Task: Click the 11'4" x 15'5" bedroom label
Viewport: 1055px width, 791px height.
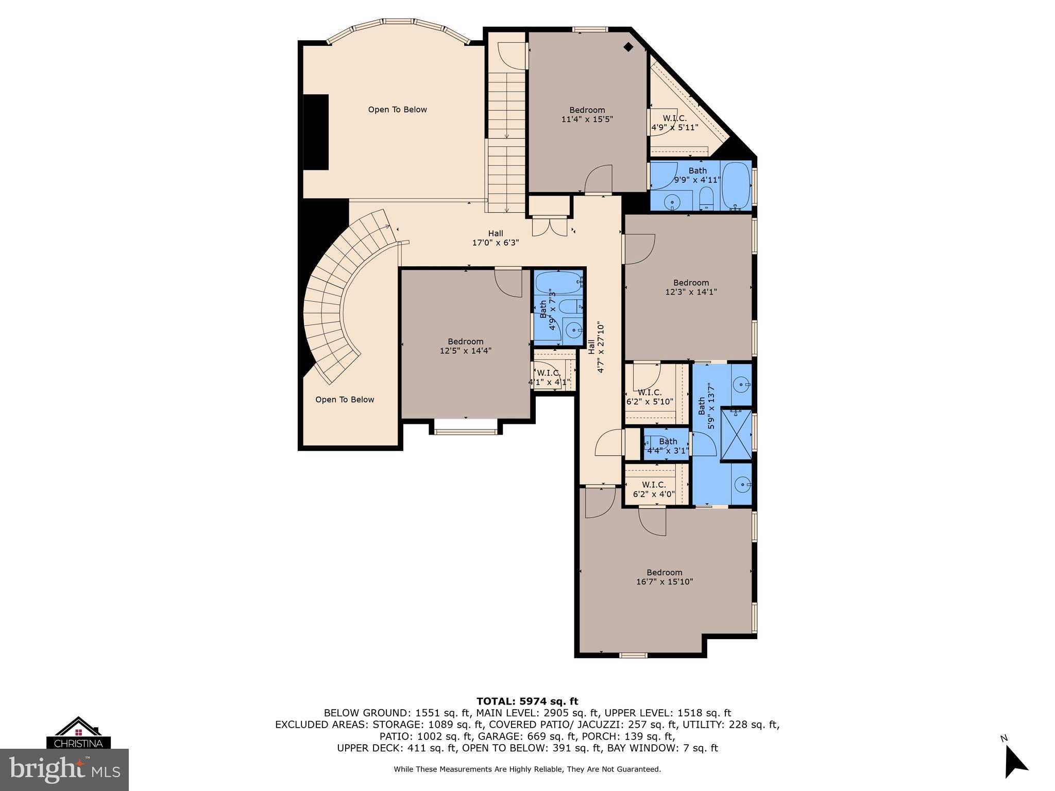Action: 587,114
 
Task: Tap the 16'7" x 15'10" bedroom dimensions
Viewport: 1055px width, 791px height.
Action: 665,582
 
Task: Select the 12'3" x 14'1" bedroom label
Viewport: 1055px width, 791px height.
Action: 691,287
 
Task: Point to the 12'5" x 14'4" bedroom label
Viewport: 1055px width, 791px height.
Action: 465,346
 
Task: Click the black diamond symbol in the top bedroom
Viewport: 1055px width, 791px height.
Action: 628,47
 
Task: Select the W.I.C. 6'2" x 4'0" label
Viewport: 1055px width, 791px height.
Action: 654,489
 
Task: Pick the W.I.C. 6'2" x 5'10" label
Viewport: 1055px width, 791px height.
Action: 650,397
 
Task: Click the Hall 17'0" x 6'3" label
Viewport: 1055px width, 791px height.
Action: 495,238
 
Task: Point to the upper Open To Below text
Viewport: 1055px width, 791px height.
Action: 397,110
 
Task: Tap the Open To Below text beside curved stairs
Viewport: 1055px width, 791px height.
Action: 345,400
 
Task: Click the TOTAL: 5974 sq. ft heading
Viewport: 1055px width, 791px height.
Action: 527,701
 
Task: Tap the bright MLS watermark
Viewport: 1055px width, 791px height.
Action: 64,770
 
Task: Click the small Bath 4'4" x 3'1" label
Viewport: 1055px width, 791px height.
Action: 668,446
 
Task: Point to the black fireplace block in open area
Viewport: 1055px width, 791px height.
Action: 316,132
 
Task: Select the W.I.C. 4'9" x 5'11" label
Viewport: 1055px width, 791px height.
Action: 674,123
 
